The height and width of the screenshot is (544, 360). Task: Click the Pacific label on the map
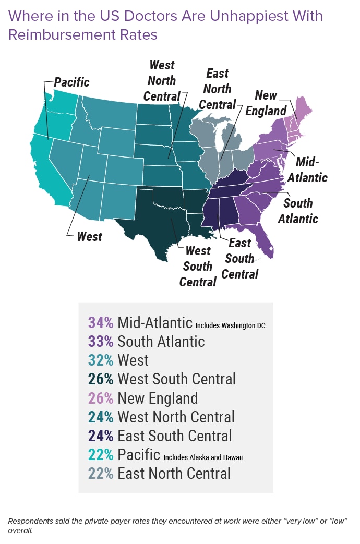[x=72, y=82]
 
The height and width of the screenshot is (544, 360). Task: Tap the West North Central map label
[x=162, y=81]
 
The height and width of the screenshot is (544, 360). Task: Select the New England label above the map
[x=270, y=103]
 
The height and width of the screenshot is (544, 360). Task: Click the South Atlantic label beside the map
[x=298, y=211]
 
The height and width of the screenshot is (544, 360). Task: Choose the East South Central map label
[x=240, y=258]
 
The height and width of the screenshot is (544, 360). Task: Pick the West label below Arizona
[x=89, y=236]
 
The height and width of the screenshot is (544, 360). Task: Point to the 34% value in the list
[x=101, y=323]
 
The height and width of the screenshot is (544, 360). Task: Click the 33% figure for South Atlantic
[x=101, y=342]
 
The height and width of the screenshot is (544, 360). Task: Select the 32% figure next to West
[x=101, y=360]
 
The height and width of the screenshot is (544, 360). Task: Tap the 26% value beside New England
[x=101, y=398]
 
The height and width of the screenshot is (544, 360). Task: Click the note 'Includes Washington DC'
[x=230, y=326]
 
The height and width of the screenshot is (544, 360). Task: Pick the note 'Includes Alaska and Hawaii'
[x=203, y=458]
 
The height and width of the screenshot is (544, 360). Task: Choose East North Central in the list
[x=174, y=474]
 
